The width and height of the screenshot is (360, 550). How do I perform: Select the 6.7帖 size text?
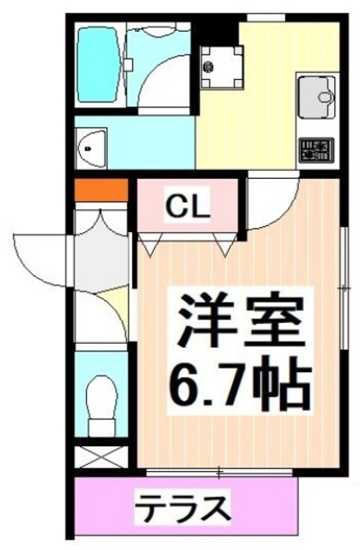241,387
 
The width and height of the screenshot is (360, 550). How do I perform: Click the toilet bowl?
100,404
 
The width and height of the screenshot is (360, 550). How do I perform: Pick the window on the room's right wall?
347,292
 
